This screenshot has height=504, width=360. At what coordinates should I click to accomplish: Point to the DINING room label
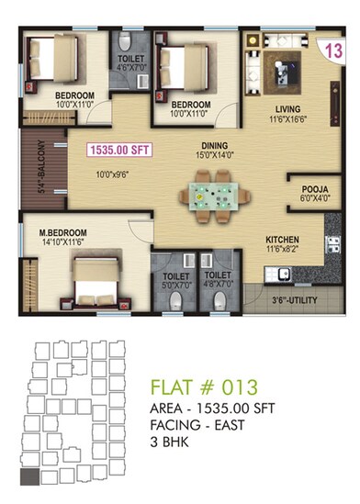[x=215, y=146]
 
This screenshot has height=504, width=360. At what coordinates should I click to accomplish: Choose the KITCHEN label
[x=283, y=236]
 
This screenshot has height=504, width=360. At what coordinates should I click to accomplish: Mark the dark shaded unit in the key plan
[x=30, y=476]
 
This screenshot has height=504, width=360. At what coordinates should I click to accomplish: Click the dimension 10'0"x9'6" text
[x=113, y=172]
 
